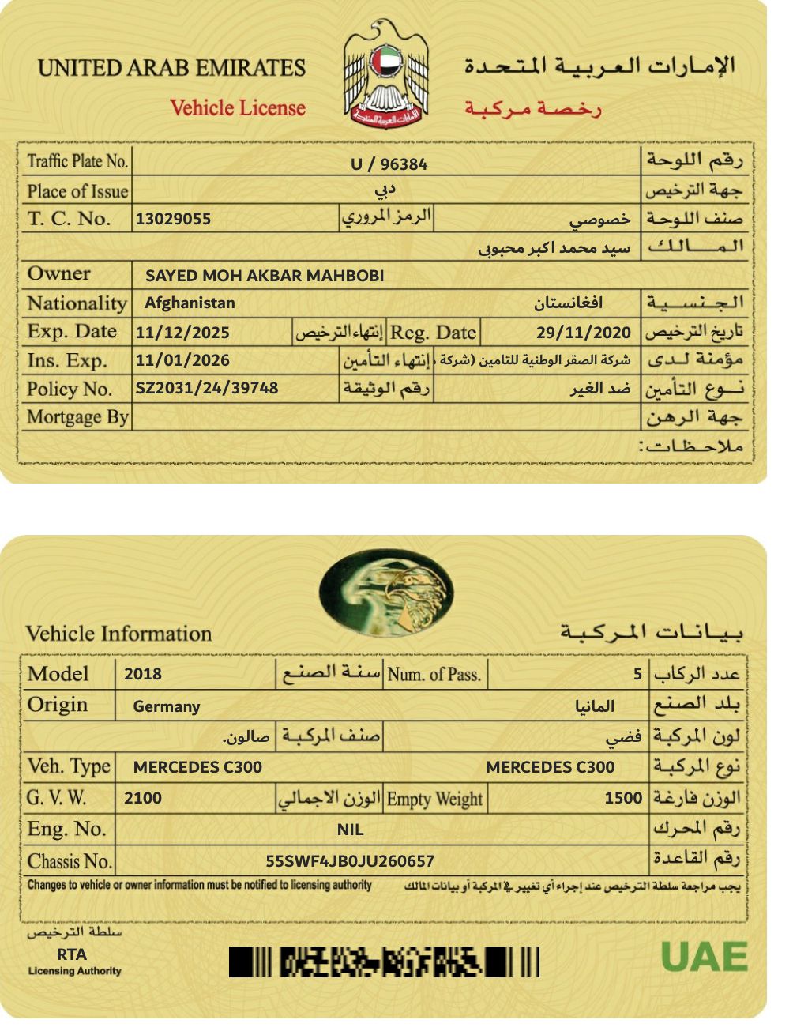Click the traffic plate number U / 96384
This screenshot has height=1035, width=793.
(389, 164)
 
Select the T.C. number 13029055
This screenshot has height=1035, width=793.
(173, 219)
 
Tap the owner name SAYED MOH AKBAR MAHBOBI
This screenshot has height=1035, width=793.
(265, 276)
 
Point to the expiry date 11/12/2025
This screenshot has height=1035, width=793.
(182, 333)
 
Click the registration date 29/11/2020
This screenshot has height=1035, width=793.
(584, 333)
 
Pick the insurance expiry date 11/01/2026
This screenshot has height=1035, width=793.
(182, 360)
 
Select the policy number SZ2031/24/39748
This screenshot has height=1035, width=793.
(207, 388)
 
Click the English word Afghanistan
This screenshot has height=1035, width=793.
(190, 303)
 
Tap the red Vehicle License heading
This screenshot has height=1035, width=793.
(238, 108)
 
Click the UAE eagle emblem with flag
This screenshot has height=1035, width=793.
(386, 73)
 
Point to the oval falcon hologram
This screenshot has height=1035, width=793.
(385, 592)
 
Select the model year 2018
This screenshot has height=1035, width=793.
(143, 674)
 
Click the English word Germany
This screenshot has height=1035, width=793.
(167, 706)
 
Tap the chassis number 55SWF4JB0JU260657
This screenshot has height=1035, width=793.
(350, 861)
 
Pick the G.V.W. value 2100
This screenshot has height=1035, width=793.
(143, 798)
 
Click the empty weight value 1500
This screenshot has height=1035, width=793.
(623, 798)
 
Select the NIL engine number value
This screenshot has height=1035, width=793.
(350, 830)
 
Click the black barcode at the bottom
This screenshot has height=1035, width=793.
(385, 962)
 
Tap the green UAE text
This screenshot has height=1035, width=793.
(704, 958)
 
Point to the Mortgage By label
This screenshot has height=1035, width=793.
(77, 417)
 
